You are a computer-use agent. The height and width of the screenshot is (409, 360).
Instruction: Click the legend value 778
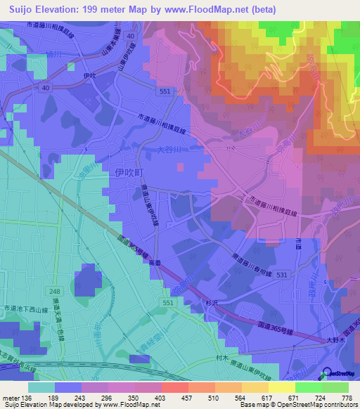coord(346,398)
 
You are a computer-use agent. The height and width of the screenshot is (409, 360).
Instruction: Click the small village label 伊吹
coord(88,75)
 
